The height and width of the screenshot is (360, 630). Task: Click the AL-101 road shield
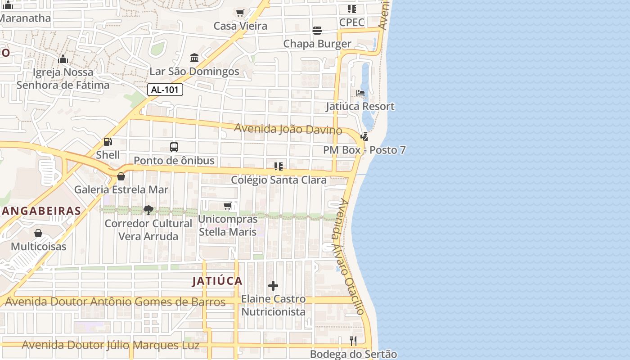(165, 90)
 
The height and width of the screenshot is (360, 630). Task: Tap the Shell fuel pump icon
(108, 142)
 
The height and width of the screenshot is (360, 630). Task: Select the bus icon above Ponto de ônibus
(174, 147)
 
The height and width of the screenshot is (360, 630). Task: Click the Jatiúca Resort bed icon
(360, 93)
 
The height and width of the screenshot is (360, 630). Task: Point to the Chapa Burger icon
(317, 31)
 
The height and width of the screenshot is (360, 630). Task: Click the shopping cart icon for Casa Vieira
(240, 13)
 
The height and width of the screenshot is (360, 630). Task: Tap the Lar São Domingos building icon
(194, 58)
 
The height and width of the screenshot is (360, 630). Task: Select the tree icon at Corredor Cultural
(148, 210)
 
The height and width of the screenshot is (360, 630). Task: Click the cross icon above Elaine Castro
(273, 286)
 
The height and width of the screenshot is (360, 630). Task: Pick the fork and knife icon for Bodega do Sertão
(353, 341)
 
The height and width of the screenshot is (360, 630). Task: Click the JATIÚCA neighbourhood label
(217, 281)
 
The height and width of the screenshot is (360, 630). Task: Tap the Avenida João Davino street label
(288, 129)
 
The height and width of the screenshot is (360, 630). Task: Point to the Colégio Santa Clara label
(279, 180)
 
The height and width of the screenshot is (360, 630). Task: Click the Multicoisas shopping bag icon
(38, 233)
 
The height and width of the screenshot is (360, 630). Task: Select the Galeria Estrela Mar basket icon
(121, 176)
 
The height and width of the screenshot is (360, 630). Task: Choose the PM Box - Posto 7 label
(364, 150)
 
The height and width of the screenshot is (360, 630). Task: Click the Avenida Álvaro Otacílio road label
(348, 256)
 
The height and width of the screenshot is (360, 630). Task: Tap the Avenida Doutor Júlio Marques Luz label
(110, 346)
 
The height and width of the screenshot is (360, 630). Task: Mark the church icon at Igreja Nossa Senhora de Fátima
(63, 59)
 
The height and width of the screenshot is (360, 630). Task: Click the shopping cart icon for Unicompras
(228, 206)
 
